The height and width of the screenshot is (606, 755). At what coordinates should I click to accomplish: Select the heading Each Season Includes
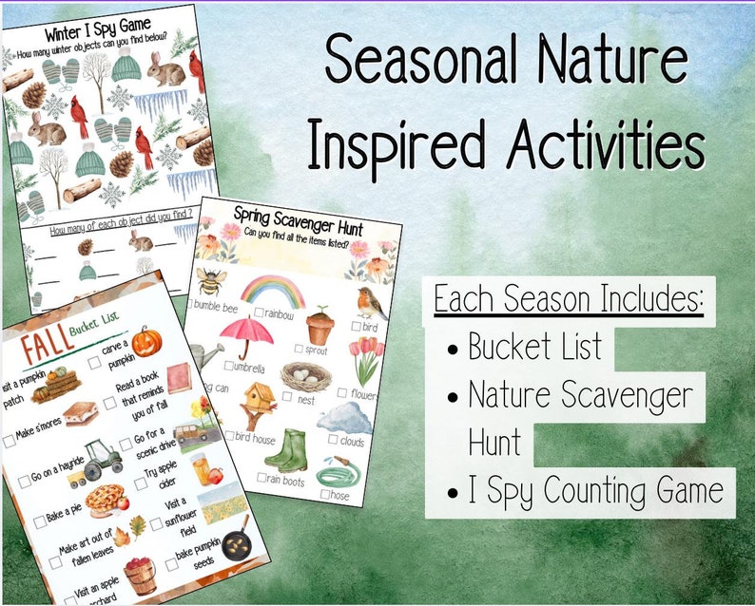click(x=569, y=300)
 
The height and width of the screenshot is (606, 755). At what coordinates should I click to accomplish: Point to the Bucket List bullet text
click(x=534, y=348)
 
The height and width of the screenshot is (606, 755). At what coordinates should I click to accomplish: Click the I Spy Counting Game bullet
click(x=595, y=492)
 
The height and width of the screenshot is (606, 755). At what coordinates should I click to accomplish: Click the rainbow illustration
click(x=272, y=290)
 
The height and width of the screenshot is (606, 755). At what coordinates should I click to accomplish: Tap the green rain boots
click(x=284, y=448)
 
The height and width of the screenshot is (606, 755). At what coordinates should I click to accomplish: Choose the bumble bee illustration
click(x=209, y=284)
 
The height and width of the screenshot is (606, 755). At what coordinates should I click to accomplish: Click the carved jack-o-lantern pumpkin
click(x=146, y=342)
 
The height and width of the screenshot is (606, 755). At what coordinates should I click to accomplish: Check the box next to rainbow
click(x=259, y=312)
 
